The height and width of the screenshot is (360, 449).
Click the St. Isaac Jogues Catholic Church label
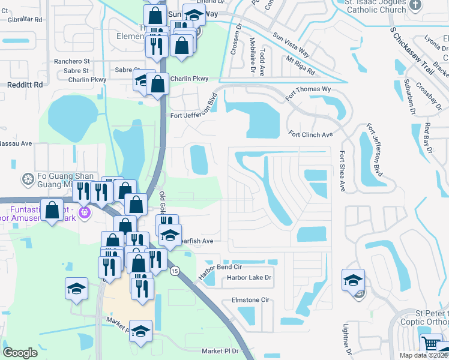pyautogui.click(x=375, y=6)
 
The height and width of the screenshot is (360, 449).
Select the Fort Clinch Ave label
pyautogui.click(x=310, y=134)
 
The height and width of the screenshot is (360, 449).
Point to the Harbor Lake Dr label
pyautogui.click(x=249, y=278)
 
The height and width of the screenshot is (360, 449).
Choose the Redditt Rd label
pyautogui.click(x=25, y=85)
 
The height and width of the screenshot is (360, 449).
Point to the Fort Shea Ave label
pyautogui.click(x=343, y=171)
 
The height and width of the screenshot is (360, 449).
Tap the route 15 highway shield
pyautogui.click(x=174, y=272)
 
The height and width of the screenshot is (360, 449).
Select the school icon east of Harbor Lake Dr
pyautogui.click(x=353, y=280)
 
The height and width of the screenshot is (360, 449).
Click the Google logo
pyautogui.click(x=20, y=353)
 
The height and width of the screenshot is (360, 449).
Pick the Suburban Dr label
pyautogui.click(x=409, y=96)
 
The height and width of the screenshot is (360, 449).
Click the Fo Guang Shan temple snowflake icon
pyautogui.click(x=27, y=179)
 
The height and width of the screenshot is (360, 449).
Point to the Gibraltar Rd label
pyautogui.click(x=25, y=19)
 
